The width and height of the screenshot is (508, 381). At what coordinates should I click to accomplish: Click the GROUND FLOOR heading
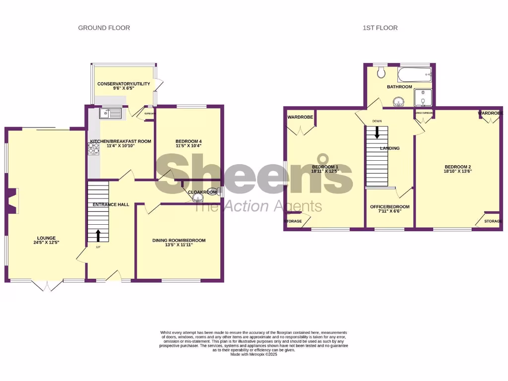(104, 28)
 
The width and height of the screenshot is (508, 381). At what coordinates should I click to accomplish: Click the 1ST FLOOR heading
(380, 28)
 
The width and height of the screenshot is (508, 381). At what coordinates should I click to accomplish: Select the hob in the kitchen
(94, 149)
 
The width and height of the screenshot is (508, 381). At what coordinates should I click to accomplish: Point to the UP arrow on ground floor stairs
(98, 235)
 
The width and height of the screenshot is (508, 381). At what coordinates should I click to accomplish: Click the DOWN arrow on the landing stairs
(377, 132)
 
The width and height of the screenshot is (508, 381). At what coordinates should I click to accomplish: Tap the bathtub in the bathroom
(415, 75)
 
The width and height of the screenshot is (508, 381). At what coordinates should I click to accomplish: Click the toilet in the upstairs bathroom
(381, 73)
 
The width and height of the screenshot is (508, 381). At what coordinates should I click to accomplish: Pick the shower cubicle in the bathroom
(423, 98)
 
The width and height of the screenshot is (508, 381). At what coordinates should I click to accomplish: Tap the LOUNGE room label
(46, 238)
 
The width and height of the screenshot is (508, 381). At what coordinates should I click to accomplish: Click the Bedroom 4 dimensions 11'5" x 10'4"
(189, 146)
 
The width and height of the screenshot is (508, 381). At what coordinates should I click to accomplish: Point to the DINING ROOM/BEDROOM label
(179, 241)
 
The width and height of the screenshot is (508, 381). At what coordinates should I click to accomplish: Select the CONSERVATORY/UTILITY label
(124, 84)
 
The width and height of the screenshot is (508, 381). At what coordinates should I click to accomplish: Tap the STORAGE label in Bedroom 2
(493, 221)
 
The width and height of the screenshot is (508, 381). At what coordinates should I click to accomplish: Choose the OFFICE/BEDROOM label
(389, 207)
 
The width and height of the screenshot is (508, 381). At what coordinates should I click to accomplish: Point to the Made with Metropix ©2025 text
(254, 354)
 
